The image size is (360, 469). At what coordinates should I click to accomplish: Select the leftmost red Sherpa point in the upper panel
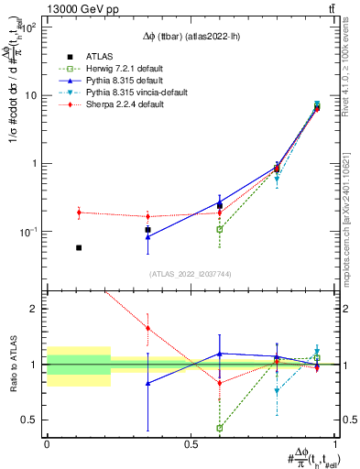(x=79, y=213)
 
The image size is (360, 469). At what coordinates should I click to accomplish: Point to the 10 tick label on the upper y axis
(x=31, y=95)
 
